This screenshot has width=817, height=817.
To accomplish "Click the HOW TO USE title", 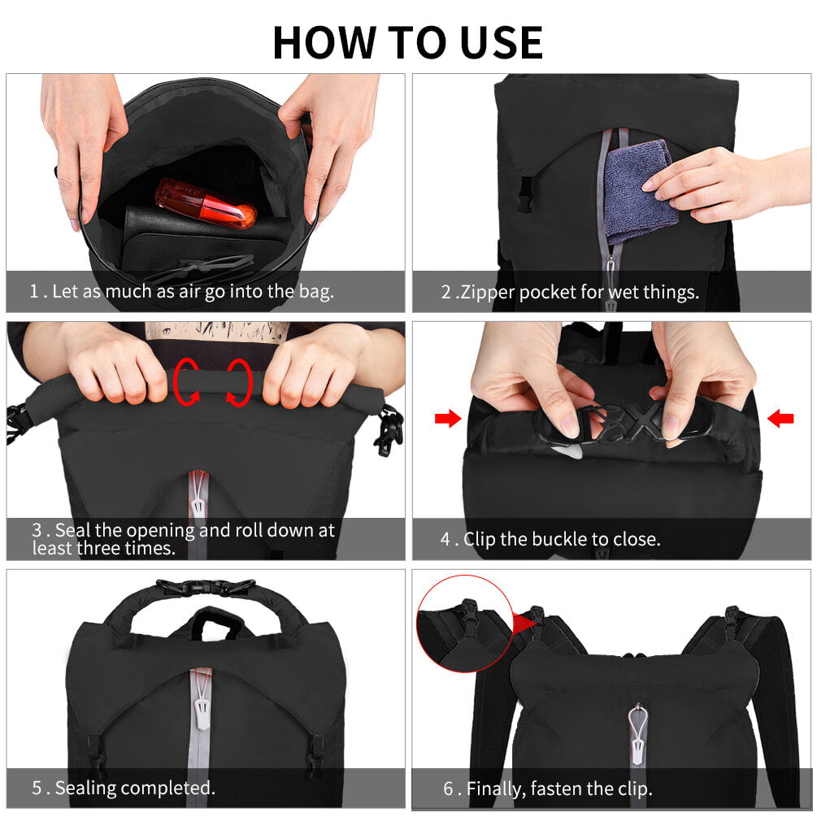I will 407,42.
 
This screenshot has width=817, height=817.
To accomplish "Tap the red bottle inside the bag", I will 206,203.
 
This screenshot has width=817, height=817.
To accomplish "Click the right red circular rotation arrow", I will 238,380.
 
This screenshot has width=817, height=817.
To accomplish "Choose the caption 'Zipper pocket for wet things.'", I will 570,292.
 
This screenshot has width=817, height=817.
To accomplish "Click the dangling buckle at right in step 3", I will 389,429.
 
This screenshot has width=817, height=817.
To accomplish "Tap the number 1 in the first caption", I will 34,292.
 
